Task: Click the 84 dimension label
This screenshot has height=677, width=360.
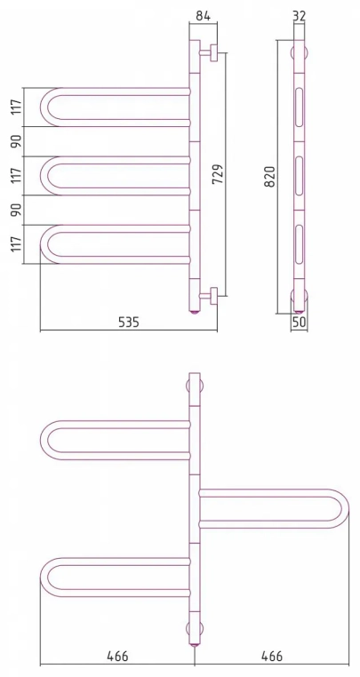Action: pyautogui.click(x=203, y=16)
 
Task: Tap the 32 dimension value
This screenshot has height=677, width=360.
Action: pyautogui.click(x=299, y=16)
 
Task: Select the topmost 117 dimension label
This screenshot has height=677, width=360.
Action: pyautogui.click(x=16, y=108)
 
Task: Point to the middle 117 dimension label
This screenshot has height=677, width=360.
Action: pyautogui.click(x=16, y=175)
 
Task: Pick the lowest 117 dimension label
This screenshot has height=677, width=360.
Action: pyautogui.click(x=16, y=244)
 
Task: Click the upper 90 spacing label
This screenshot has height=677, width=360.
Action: pyautogui.click(x=16, y=141)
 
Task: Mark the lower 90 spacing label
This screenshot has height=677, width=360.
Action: pyautogui.click(x=16, y=210)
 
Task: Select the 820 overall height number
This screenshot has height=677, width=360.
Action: pyautogui.click(x=269, y=177)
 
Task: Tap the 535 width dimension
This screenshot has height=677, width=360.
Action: pyautogui.click(x=128, y=322)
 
